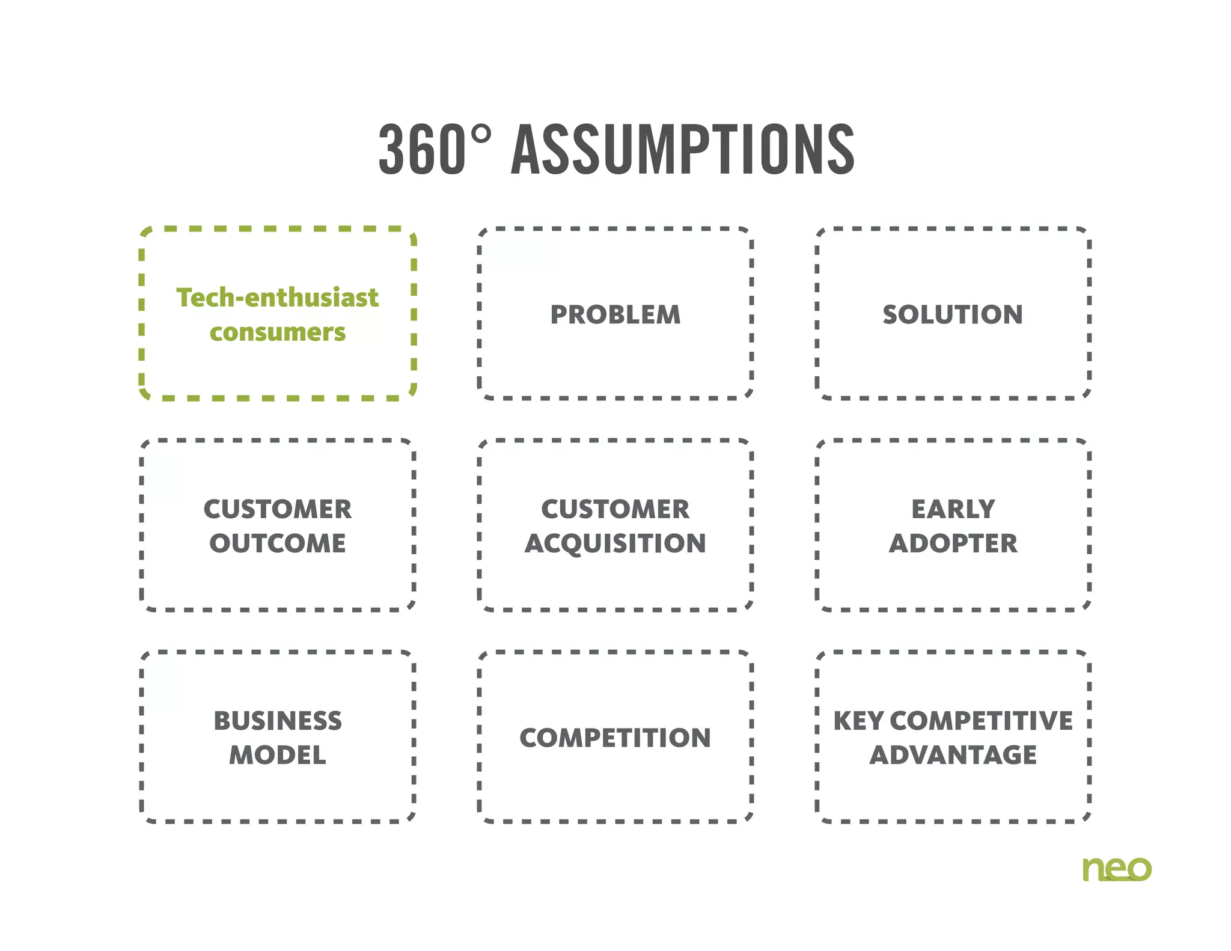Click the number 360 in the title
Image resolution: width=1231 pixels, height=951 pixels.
tap(422, 150)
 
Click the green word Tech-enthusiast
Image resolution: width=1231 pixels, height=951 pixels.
tap(277, 298)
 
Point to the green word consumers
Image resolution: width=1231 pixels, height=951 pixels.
tap(277, 332)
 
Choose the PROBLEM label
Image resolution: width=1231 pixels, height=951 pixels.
tap(615, 315)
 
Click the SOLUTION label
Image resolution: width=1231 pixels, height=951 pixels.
tap(953, 315)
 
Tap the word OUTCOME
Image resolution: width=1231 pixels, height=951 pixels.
tap(277, 543)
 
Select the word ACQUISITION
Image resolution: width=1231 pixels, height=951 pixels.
tap(615, 543)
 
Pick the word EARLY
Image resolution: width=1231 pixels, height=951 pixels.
tap(953, 509)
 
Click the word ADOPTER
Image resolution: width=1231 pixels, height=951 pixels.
tap(953, 543)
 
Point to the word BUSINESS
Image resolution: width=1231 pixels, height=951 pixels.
tap(277, 721)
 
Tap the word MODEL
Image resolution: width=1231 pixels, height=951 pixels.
tap(277, 755)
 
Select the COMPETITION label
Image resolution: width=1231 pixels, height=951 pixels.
tap(615, 738)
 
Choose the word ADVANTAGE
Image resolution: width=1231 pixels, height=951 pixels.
tap(953, 755)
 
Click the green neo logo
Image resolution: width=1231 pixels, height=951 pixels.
tap(1116, 869)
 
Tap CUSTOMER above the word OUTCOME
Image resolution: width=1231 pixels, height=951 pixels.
tap(277, 509)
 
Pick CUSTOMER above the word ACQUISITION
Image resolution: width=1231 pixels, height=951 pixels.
tap(615, 509)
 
